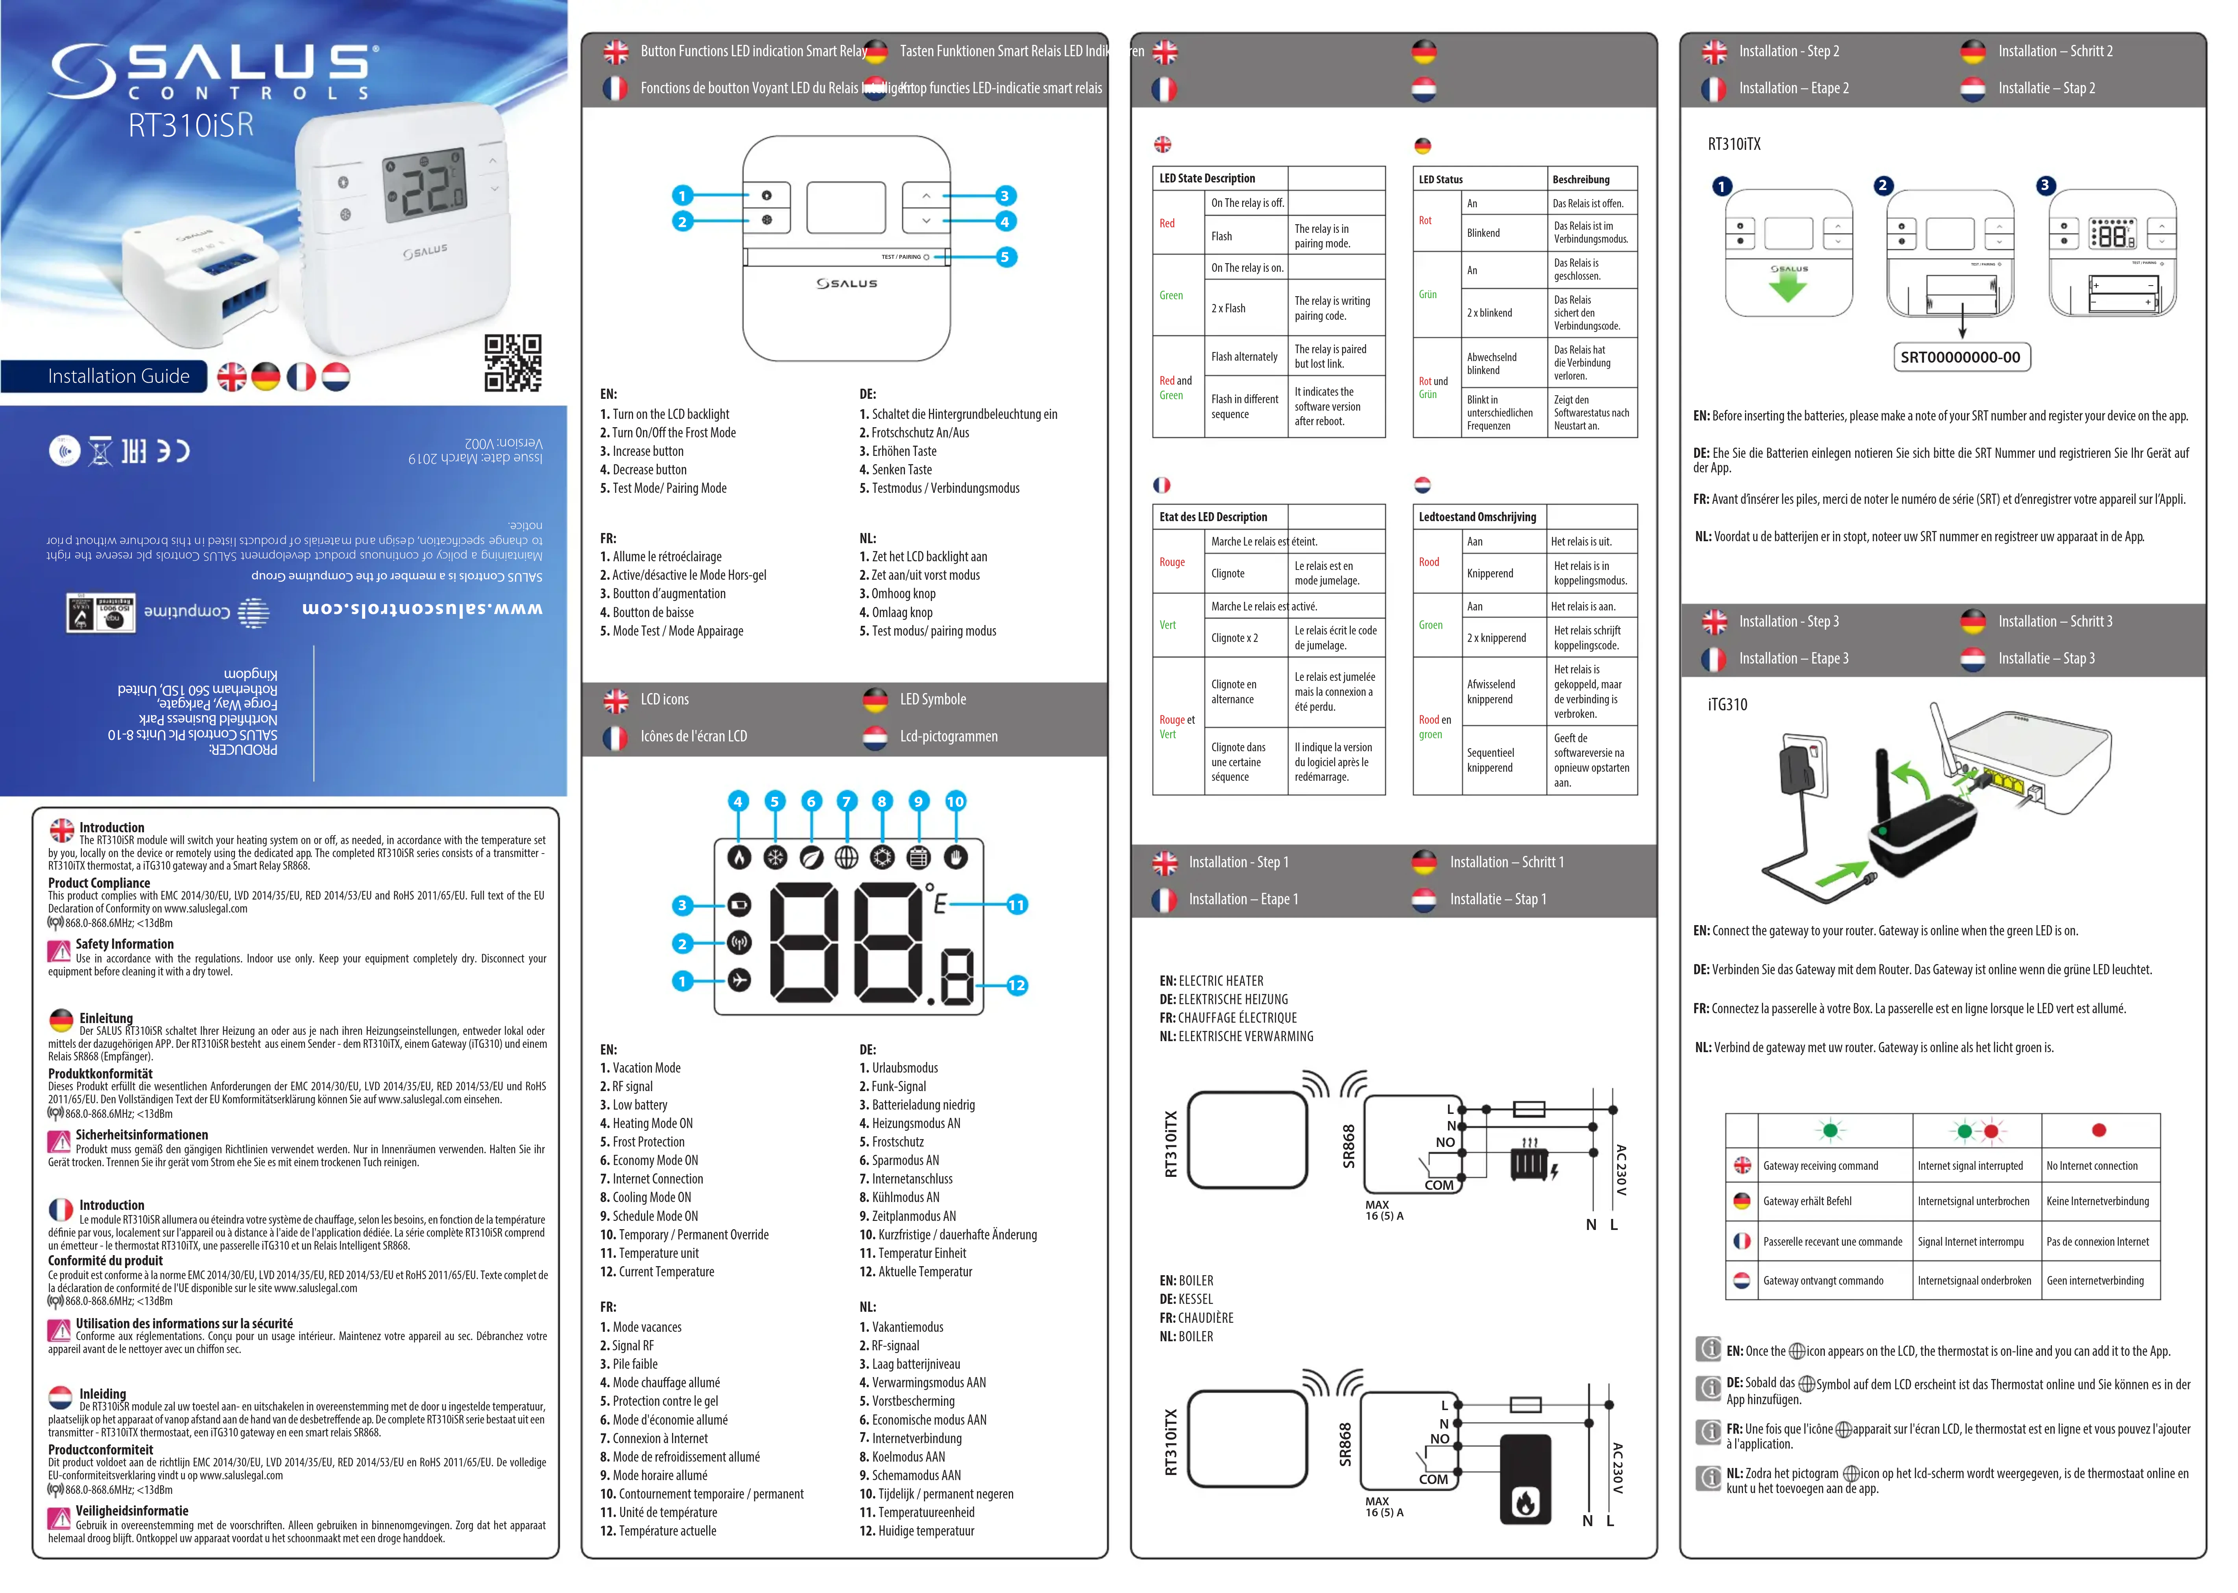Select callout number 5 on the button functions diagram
click(x=1005, y=257)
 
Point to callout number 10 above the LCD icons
click(x=955, y=801)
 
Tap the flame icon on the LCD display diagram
click(x=739, y=857)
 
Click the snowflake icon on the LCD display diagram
click(x=775, y=857)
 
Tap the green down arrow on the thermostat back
click(x=1787, y=286)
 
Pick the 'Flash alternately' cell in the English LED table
click(x=1244, y=357)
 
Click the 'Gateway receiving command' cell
click(x=1820, y=1166)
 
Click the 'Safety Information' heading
click(x=125, y=945)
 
